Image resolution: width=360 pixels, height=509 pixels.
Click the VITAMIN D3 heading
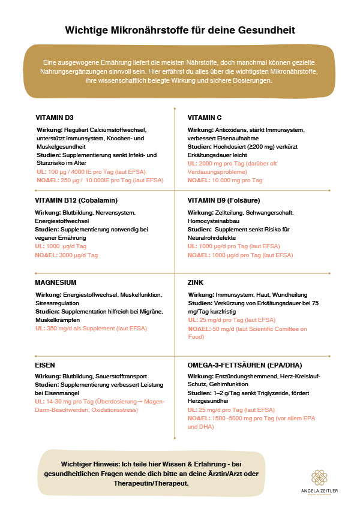click(x=55, y=117)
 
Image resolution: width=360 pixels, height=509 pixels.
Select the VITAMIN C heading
click(x=205, y=117)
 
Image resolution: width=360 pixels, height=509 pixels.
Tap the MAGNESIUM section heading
click(x=56, y=282)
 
